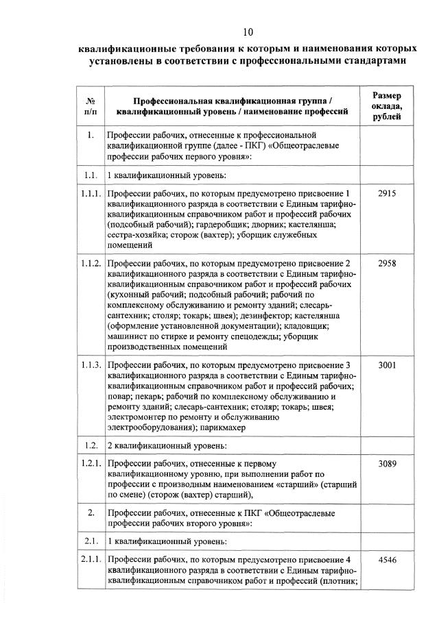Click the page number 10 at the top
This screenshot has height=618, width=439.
point(248,32)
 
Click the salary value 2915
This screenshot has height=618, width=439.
point(387,193)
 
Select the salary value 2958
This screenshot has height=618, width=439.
point(387,264)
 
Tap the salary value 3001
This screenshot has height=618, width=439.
point(387,365)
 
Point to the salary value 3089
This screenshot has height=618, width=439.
point(387,464)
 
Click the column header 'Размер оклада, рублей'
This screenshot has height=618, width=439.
point(388,106)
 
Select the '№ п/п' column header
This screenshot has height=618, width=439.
point(90,106)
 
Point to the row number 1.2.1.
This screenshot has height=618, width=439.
point(91,464)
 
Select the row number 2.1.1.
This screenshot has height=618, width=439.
point(91,559)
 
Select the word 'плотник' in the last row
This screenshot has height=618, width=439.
point(341,582)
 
